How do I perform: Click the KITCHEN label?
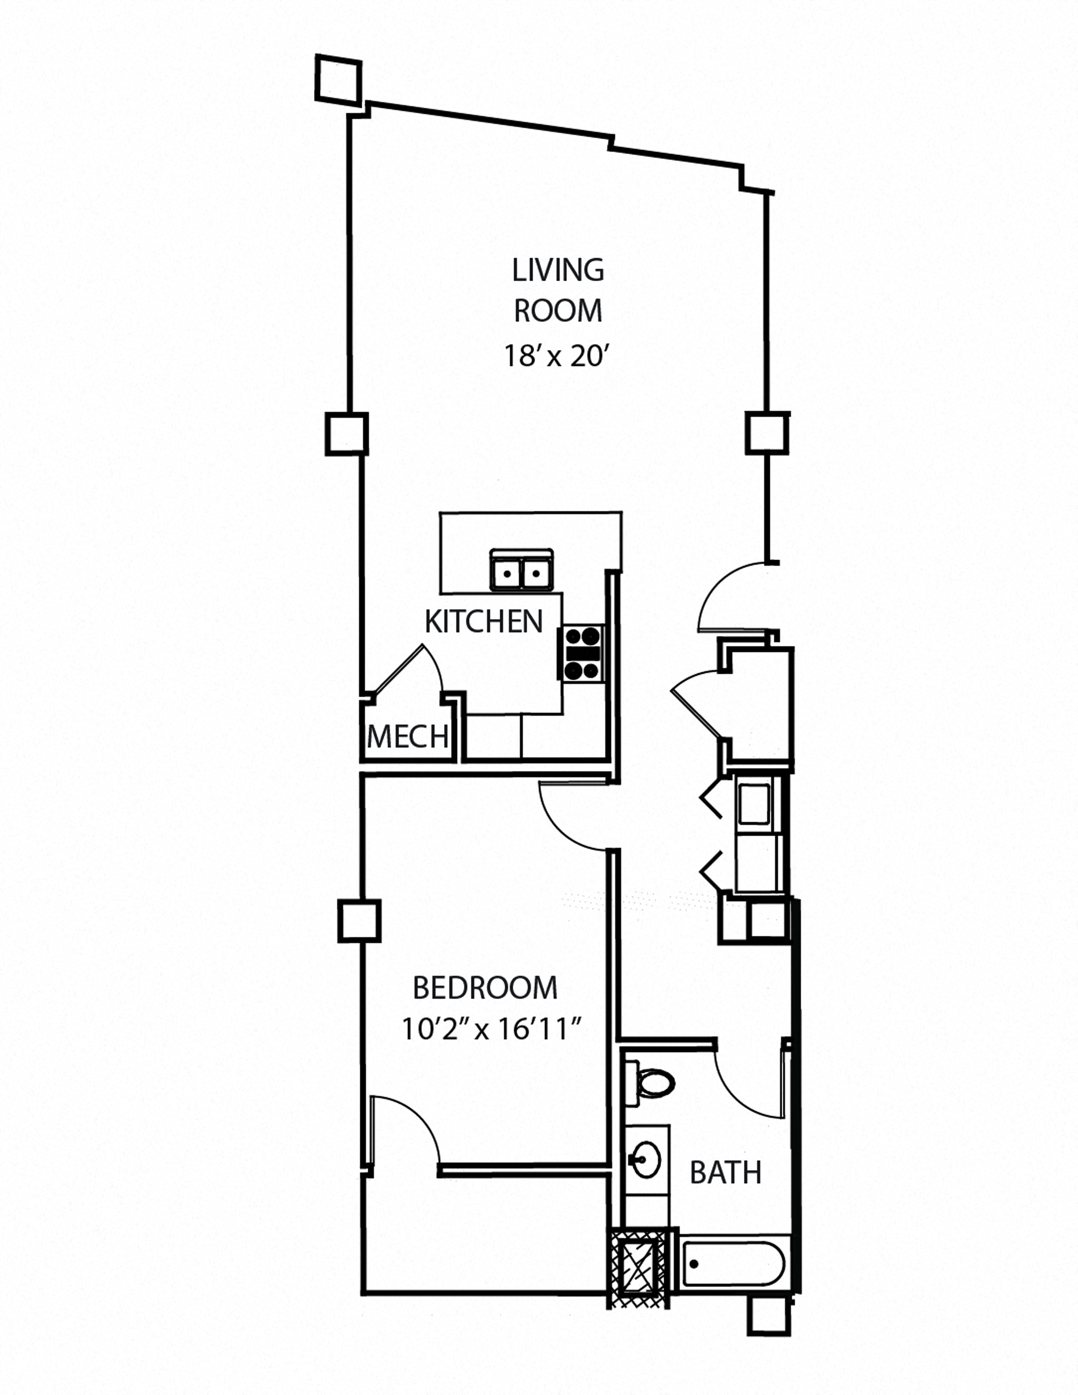(484, 621)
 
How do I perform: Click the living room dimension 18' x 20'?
(554, 356)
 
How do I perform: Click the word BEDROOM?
(485, 988)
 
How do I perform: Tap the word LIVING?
(558, 271)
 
